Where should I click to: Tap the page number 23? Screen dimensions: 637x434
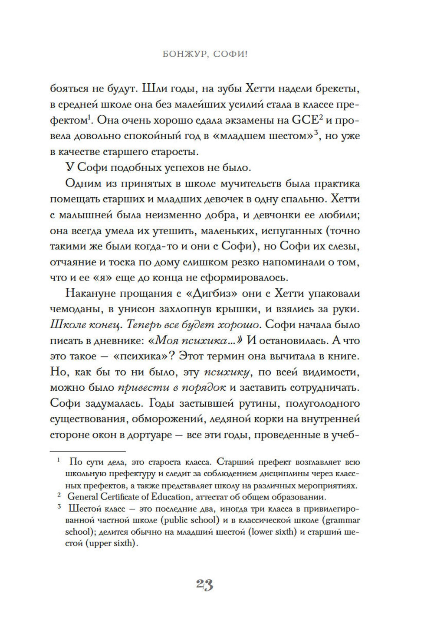coord(204,585)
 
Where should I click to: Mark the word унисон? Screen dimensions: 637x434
coord(129,309)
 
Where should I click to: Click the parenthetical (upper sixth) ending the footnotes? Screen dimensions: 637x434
coord(112,543)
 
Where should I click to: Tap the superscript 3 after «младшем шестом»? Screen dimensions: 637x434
coord(317,132)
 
